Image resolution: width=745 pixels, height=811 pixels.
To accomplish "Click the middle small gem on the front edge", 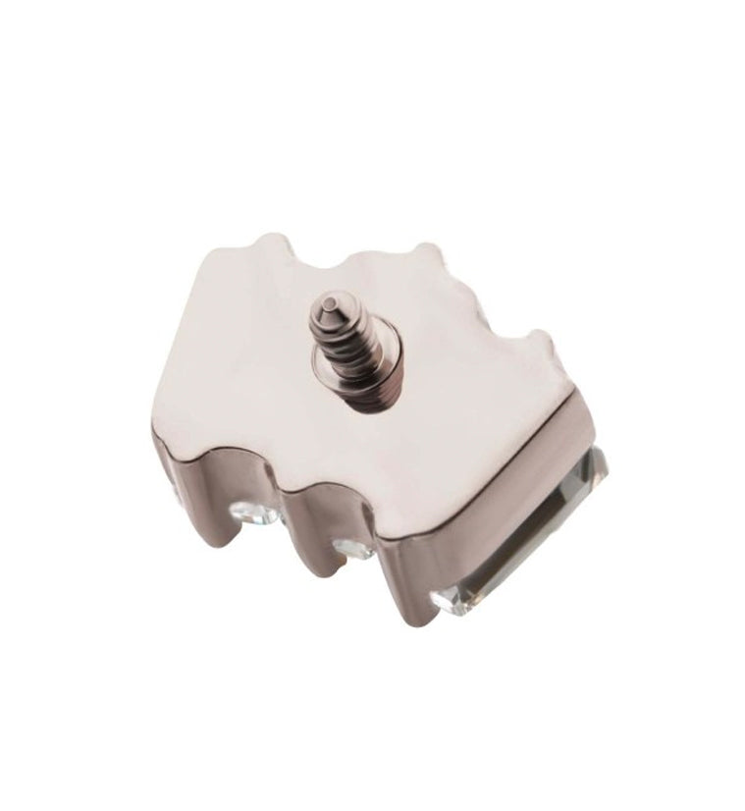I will tap(349, 546).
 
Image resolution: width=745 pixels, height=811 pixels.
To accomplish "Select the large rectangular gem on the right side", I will tap(530, 530).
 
